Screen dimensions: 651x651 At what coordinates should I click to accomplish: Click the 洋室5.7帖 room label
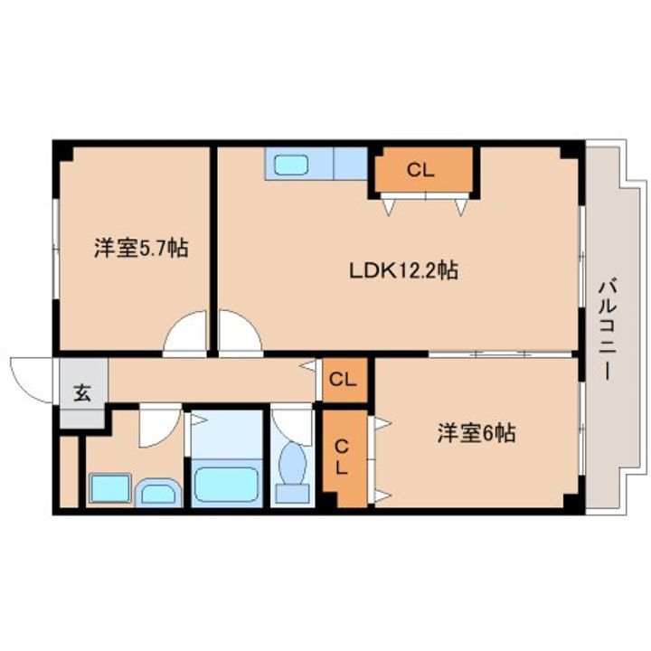(141, 248)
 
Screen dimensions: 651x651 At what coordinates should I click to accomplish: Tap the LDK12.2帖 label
(404, 270)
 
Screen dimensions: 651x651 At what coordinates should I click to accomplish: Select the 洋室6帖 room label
(476, 434)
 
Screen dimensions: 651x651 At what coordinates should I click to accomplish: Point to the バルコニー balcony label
(608, 330)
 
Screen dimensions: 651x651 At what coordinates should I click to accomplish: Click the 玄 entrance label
(82, 392)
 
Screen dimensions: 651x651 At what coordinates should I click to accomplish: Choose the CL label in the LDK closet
(420, 170)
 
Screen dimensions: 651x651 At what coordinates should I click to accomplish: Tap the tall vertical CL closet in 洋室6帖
(344, 458)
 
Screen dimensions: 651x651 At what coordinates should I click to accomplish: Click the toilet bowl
(293, 464)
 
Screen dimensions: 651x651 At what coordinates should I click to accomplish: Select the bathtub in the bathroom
(226, 483)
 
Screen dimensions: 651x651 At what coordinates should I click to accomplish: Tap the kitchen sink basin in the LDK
(291, 164)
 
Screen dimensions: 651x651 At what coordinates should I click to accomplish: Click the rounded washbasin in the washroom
(157, 493)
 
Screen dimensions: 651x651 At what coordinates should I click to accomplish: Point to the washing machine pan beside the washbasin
(110, 488)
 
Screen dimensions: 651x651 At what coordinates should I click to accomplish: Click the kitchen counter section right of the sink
(351, 164)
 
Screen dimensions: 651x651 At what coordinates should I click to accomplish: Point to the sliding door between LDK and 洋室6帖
(500, 354)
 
